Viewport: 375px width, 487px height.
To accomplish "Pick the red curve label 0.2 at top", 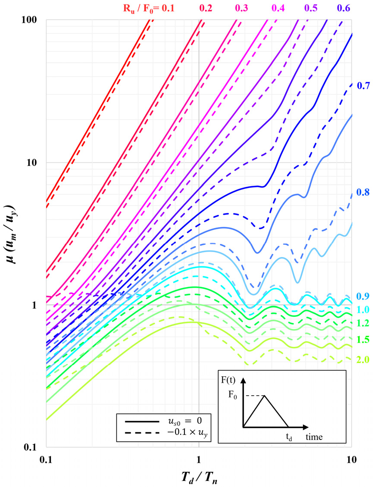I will (x=205, y=7).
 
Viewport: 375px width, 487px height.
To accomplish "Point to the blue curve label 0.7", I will (x=364, y=86).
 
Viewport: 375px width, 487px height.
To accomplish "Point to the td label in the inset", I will (x=290, y=436).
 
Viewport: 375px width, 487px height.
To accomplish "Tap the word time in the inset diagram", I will (x=315, y=437).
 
